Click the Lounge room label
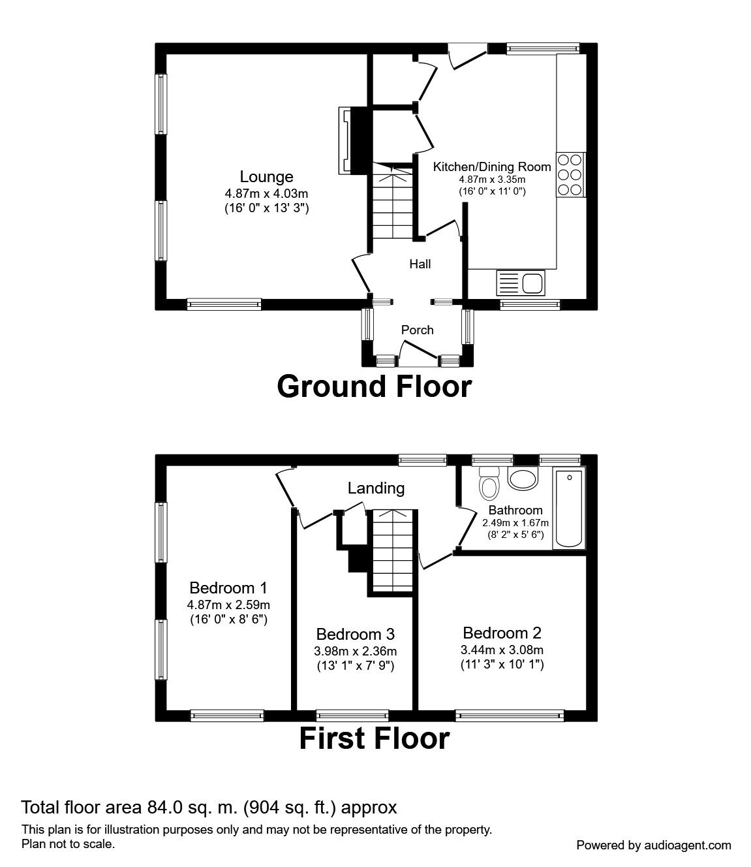tap(266, 176)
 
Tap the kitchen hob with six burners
tap(570, 174)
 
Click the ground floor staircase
tap(393, 202)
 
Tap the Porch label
tap(417, 330)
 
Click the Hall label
tap(420, 264)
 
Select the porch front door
tap(418, 353)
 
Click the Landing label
tap(376, 488)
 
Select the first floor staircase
tap(392, 551)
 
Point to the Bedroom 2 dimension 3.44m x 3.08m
tap(502, 650)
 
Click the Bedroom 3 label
tap(355, 634)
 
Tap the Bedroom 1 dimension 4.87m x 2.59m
tap(228, 604)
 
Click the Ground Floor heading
tap(374, 386)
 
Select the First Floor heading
tap(374, 738)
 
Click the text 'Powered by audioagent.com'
tap(654, 845)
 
